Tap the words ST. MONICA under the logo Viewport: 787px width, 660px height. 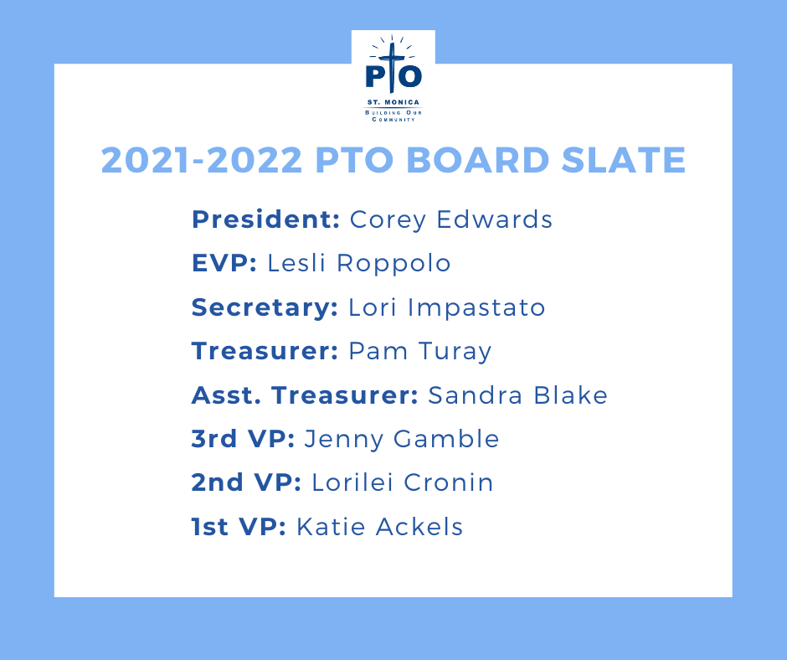(393, 102)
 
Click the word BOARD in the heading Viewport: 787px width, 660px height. (477, 160)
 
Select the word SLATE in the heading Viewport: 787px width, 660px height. (624, 160)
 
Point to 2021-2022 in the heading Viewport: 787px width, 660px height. (202, 160)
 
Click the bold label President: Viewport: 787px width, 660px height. (266, 219)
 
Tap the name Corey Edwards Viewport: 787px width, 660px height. (450, 220)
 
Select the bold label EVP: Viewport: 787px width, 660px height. (224, 263)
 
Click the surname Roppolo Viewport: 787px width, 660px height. (393, 264)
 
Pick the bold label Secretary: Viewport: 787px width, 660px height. (265, 307)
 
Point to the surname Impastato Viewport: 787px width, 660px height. (476, 308)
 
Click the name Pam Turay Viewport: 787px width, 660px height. (419, 352)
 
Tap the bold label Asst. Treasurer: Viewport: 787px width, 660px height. (305, 394)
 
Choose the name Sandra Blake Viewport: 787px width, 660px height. (517, 394)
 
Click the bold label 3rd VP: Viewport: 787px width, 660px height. (243, 439)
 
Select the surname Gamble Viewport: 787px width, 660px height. (446, 439)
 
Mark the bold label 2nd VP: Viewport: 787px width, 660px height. (246, 482)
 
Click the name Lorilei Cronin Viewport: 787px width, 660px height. (403, 482)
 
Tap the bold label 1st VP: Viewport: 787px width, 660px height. (239, 526)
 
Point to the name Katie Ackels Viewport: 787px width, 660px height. (379, 526)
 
